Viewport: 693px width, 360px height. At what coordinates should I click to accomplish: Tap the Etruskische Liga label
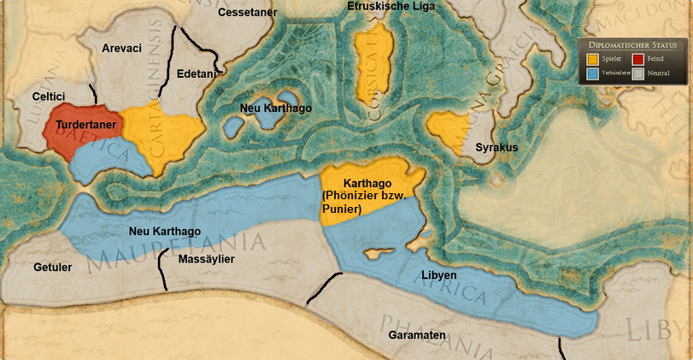[391, 6]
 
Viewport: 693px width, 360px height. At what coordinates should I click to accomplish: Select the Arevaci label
[121, 49]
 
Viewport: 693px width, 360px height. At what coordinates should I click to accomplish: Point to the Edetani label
[197, 74]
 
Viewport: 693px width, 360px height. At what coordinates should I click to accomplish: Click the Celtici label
[50, 98]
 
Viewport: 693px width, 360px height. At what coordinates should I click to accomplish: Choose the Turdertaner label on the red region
[85, 125]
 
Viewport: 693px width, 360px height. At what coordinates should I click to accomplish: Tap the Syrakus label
[496, 148]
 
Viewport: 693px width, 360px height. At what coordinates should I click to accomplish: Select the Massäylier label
[206, 259]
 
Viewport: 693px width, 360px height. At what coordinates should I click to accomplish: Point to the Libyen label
[438, 276]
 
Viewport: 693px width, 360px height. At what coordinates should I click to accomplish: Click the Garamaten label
[417, 335]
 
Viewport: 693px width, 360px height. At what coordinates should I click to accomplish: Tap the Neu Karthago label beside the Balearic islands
[276, 109]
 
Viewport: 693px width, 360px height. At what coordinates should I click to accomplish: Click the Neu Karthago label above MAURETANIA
[164, 231]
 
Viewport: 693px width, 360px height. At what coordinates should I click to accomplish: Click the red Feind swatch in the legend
[639, 59]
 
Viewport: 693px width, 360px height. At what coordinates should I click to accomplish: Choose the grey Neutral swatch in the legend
[639, 74]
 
